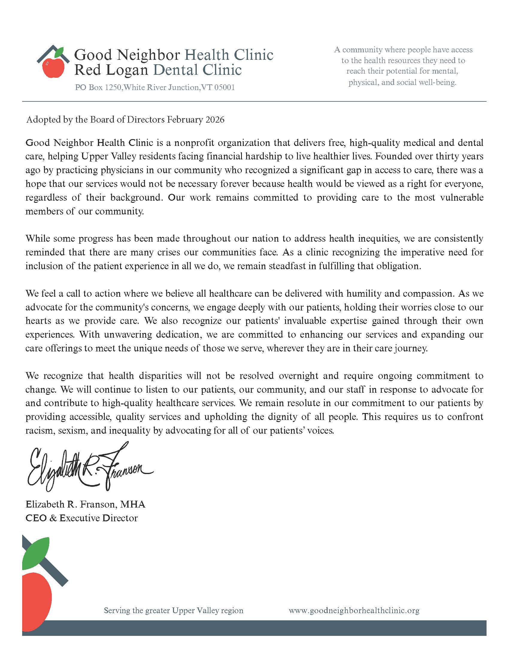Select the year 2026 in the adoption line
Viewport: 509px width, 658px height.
pyautogui.click(x=215, y=120)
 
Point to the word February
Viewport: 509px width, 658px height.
pyautogui.click(x=185, y=120)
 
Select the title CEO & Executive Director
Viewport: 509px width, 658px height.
pyautogui.click(x=81, y=518)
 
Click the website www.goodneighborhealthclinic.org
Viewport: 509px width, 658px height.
pyautogui.click(x=354, y=610)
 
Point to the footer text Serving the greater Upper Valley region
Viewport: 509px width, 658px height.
pyautogui.click(x=173, y=610)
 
